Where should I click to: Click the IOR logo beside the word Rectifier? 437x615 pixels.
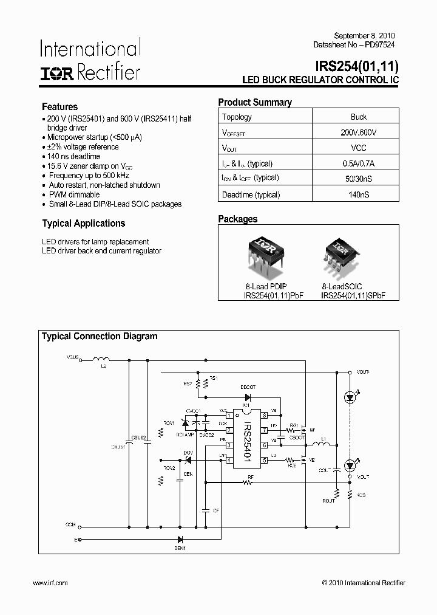(57, 74)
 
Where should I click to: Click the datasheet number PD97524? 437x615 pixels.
(382, 45)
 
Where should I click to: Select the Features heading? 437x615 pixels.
(59, 106)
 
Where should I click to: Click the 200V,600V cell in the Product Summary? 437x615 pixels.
(358, 132)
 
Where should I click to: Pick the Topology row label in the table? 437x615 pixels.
(237, 117)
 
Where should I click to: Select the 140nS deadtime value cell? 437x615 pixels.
(358, 195)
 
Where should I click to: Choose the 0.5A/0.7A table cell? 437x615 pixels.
(358, 163)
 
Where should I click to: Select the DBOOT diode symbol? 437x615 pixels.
(248, 397)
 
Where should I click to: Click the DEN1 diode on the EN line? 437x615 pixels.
(180, 539)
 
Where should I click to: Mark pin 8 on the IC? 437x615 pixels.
(265, 416)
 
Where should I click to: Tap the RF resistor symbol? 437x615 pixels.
(247, 483)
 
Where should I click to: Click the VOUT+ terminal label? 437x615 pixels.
(363, 371)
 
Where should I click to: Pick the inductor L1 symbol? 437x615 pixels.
(324, 445)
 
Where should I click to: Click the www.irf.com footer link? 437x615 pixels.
(50, 583)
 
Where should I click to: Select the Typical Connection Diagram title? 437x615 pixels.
(99, 336)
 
